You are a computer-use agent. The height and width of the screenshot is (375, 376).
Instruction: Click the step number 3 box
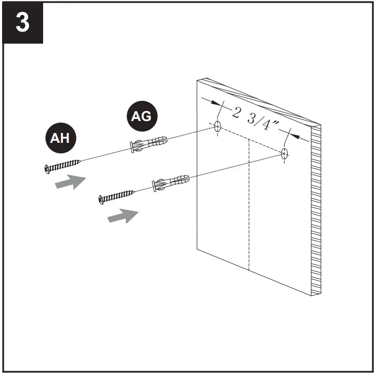point(22,22)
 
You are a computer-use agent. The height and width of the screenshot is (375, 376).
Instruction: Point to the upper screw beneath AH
point(62,165)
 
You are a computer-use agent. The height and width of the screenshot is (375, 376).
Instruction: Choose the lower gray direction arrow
point(123,216)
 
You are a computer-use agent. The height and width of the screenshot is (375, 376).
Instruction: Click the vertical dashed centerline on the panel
point(250,208)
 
